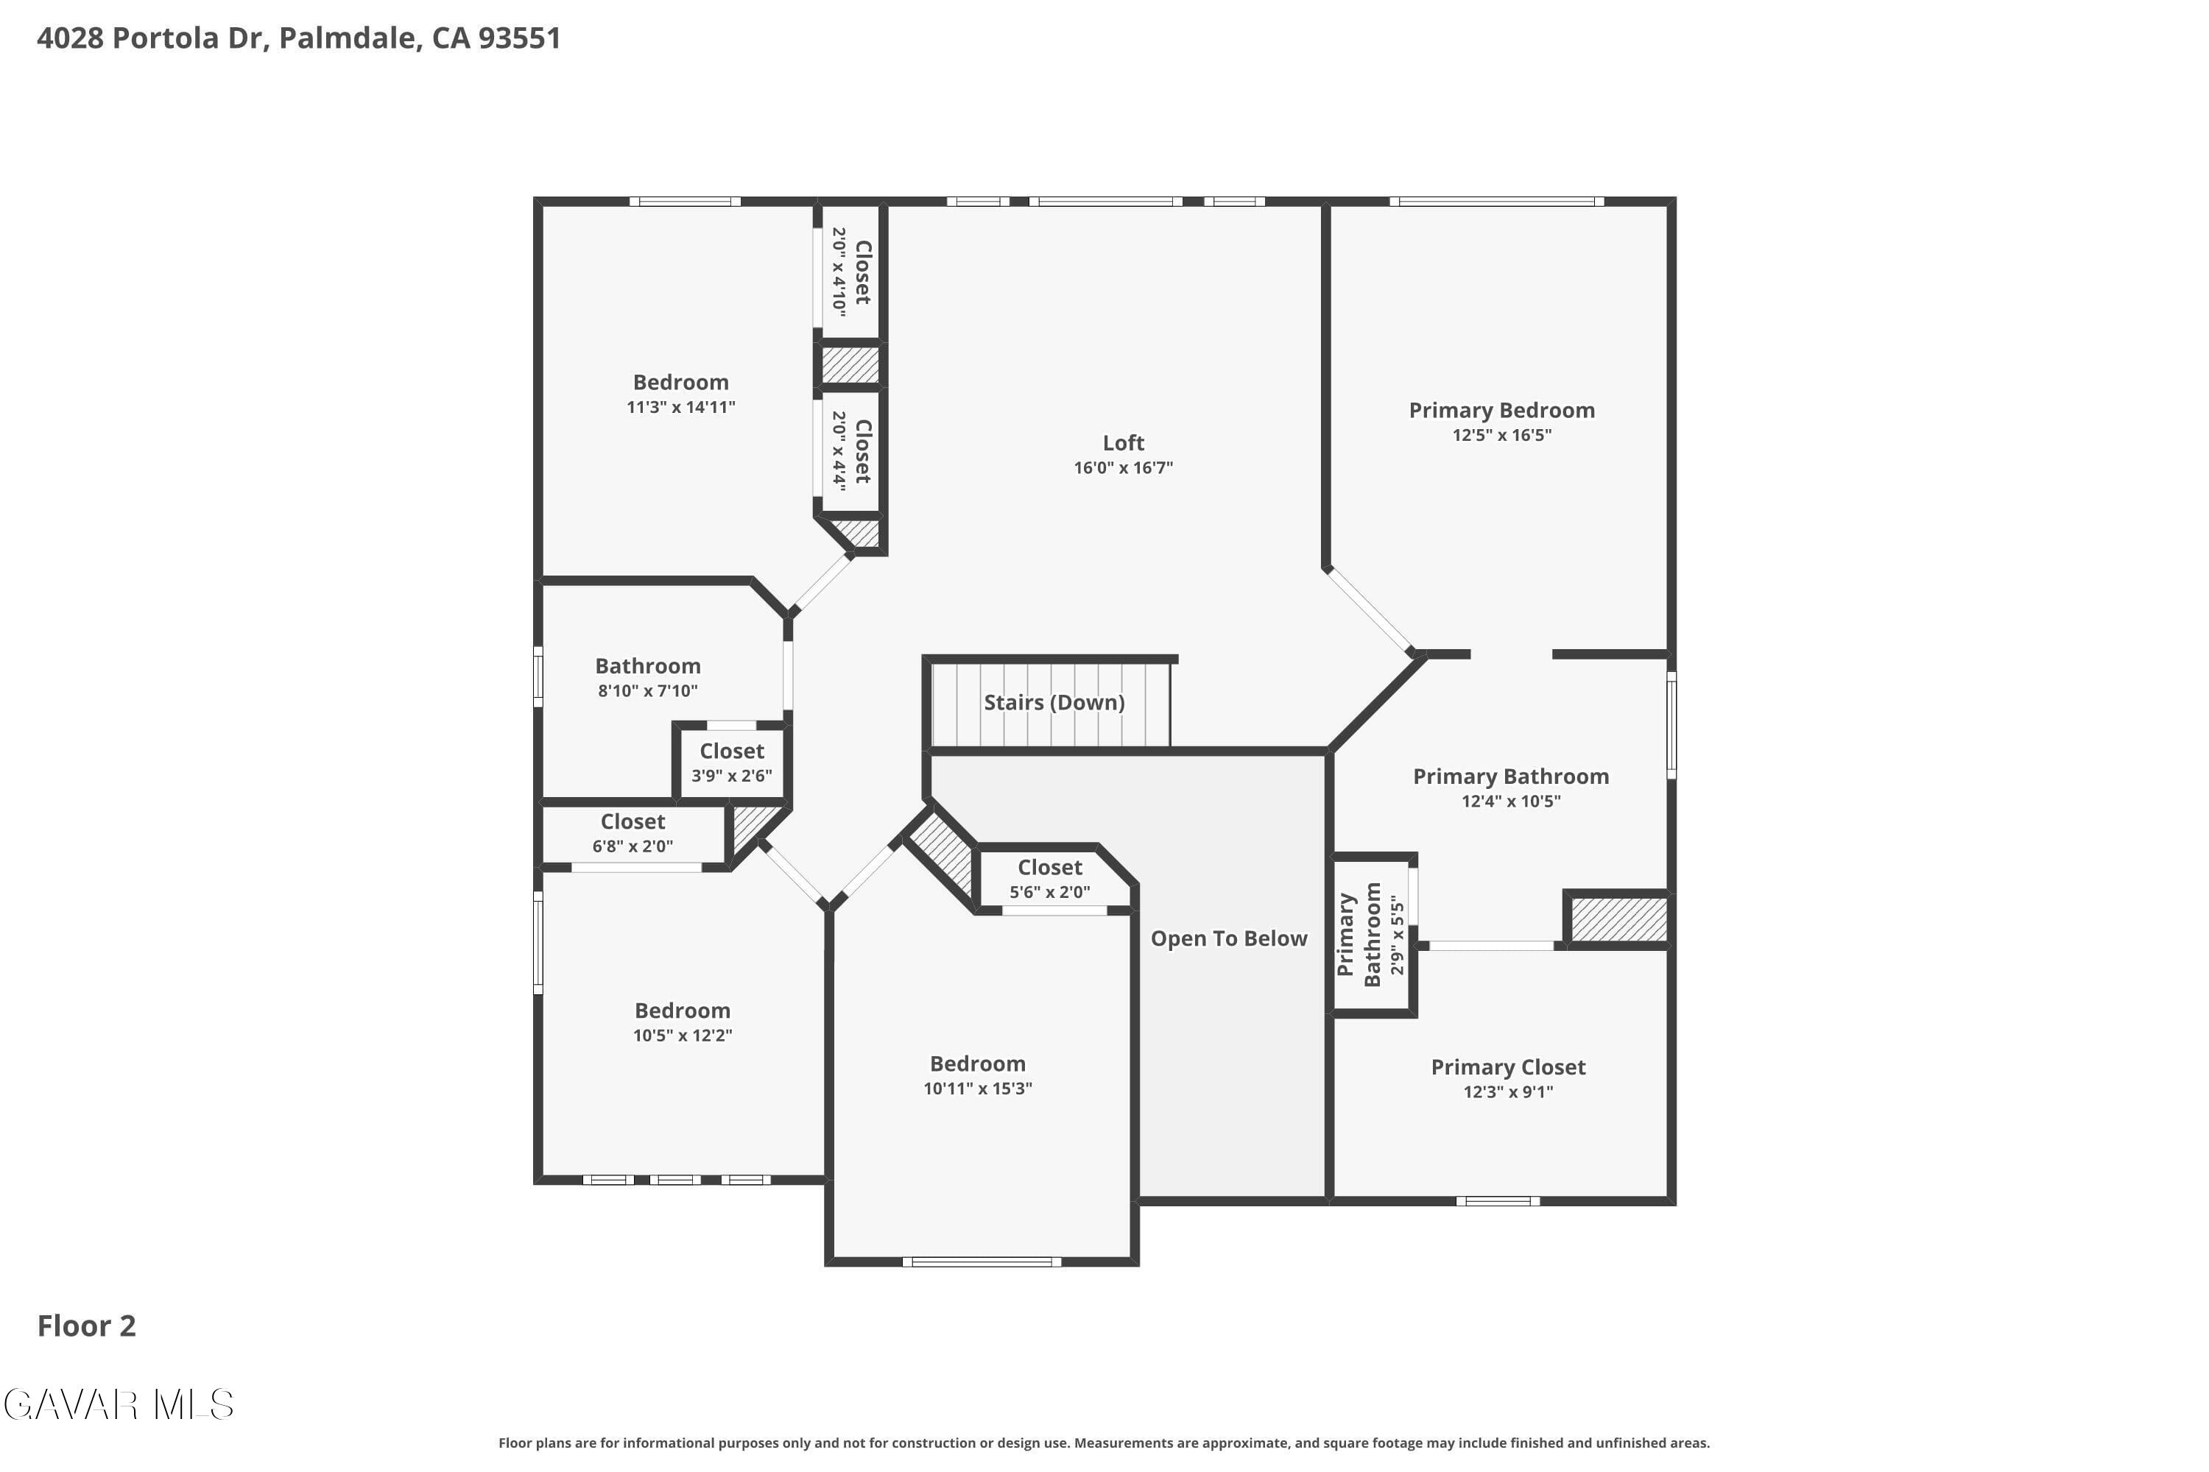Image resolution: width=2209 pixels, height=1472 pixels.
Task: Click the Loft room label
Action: click(x=1124, y=443)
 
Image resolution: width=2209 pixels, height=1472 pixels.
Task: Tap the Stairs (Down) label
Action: click(x=1054, y=702)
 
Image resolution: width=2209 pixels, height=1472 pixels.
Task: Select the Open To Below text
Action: click(x=1228, y=939)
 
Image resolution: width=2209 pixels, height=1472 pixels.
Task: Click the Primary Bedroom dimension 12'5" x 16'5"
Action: click(x=1502, y=435)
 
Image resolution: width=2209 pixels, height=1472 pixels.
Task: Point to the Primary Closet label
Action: click(x=1508, y=1067)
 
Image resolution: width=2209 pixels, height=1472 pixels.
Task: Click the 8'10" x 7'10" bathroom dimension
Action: click(x=648, y=691)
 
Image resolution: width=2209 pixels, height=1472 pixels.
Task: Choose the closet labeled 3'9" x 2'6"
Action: click(x=732, y=762)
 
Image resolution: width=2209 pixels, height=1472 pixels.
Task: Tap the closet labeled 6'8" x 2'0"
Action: click(x=633, y=832)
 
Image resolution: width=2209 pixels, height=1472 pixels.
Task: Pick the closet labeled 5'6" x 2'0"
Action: click(x=1050, y=879)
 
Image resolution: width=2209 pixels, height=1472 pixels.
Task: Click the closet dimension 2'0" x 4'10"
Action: click(x=839, y=272)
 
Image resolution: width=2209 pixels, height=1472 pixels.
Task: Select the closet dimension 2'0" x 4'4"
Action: click(x=839, y=452)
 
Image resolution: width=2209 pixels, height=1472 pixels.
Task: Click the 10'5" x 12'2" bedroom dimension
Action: click(x=683, y=1036)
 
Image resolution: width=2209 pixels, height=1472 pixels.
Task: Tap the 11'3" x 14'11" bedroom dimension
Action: click(x=681, y=408)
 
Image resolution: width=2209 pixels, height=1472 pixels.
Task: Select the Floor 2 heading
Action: click(x=86, y=1326)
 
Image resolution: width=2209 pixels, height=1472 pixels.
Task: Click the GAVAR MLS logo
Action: click(x=119, y=1404)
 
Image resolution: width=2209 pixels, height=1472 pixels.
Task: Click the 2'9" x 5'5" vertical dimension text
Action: click(x=1397, y=935)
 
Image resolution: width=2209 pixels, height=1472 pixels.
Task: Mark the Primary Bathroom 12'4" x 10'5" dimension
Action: click(x=1511, y=801)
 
